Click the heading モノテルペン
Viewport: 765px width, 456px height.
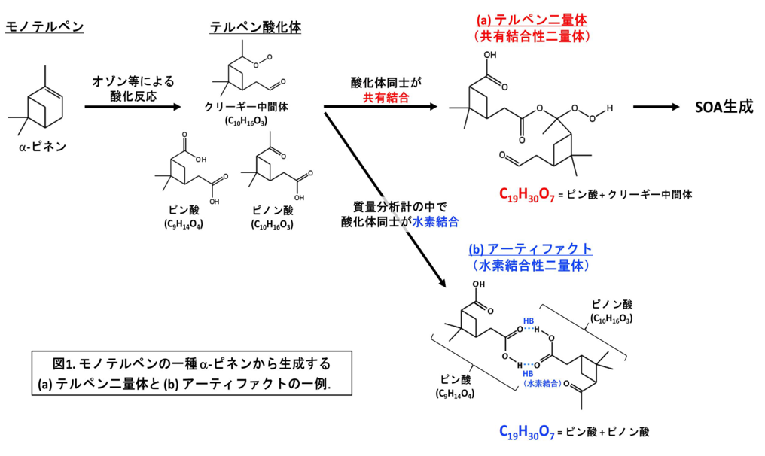tap(44, 28)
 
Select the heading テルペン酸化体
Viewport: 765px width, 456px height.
tap(255, 28)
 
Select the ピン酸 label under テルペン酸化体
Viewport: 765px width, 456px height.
tap(183, 211)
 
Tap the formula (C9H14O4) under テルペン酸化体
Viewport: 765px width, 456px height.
tap(183, 224)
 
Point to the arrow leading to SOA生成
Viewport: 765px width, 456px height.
tap(659, 108)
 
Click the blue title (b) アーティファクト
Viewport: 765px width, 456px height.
tap(530, 249)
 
